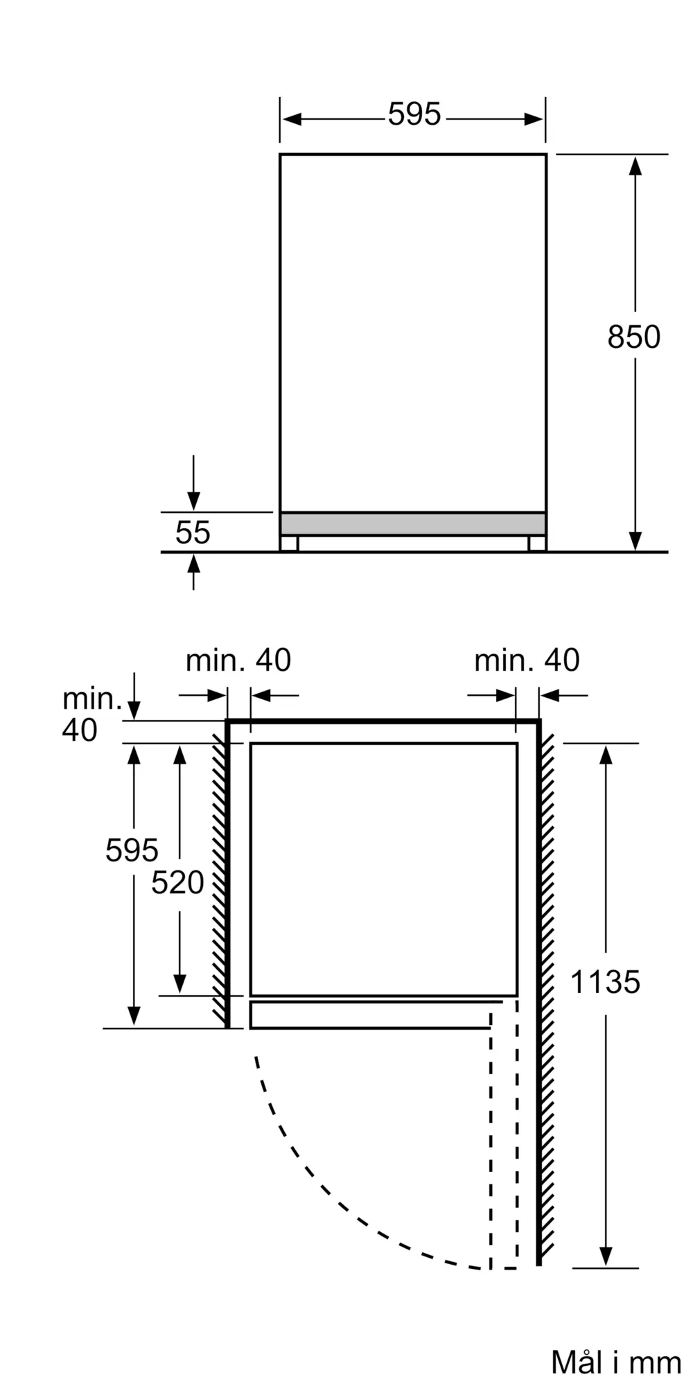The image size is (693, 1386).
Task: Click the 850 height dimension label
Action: pyautogui.click(x=633, y=337)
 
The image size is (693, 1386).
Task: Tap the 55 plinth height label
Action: pyautogui.click(x=193, y=533)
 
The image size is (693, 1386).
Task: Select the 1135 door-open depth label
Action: pyautogui.click(x=605, y=982)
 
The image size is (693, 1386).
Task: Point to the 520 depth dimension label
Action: pyautogui.click(x=178, y=882)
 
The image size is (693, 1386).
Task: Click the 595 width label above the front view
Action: pyautogui.click(x=414, y=114)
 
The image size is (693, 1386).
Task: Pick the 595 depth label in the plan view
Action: pyautogui.click(x=132, y=850)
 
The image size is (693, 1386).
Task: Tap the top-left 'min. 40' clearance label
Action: pyautogui.click(x=238, y=660)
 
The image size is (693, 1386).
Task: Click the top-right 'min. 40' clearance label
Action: pyautogui.click(x=527, y=660)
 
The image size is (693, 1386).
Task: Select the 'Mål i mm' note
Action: pyautogui.click(x=616, y=1362)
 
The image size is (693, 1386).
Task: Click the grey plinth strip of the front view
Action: pyautogui.click(x=413, y=524)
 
